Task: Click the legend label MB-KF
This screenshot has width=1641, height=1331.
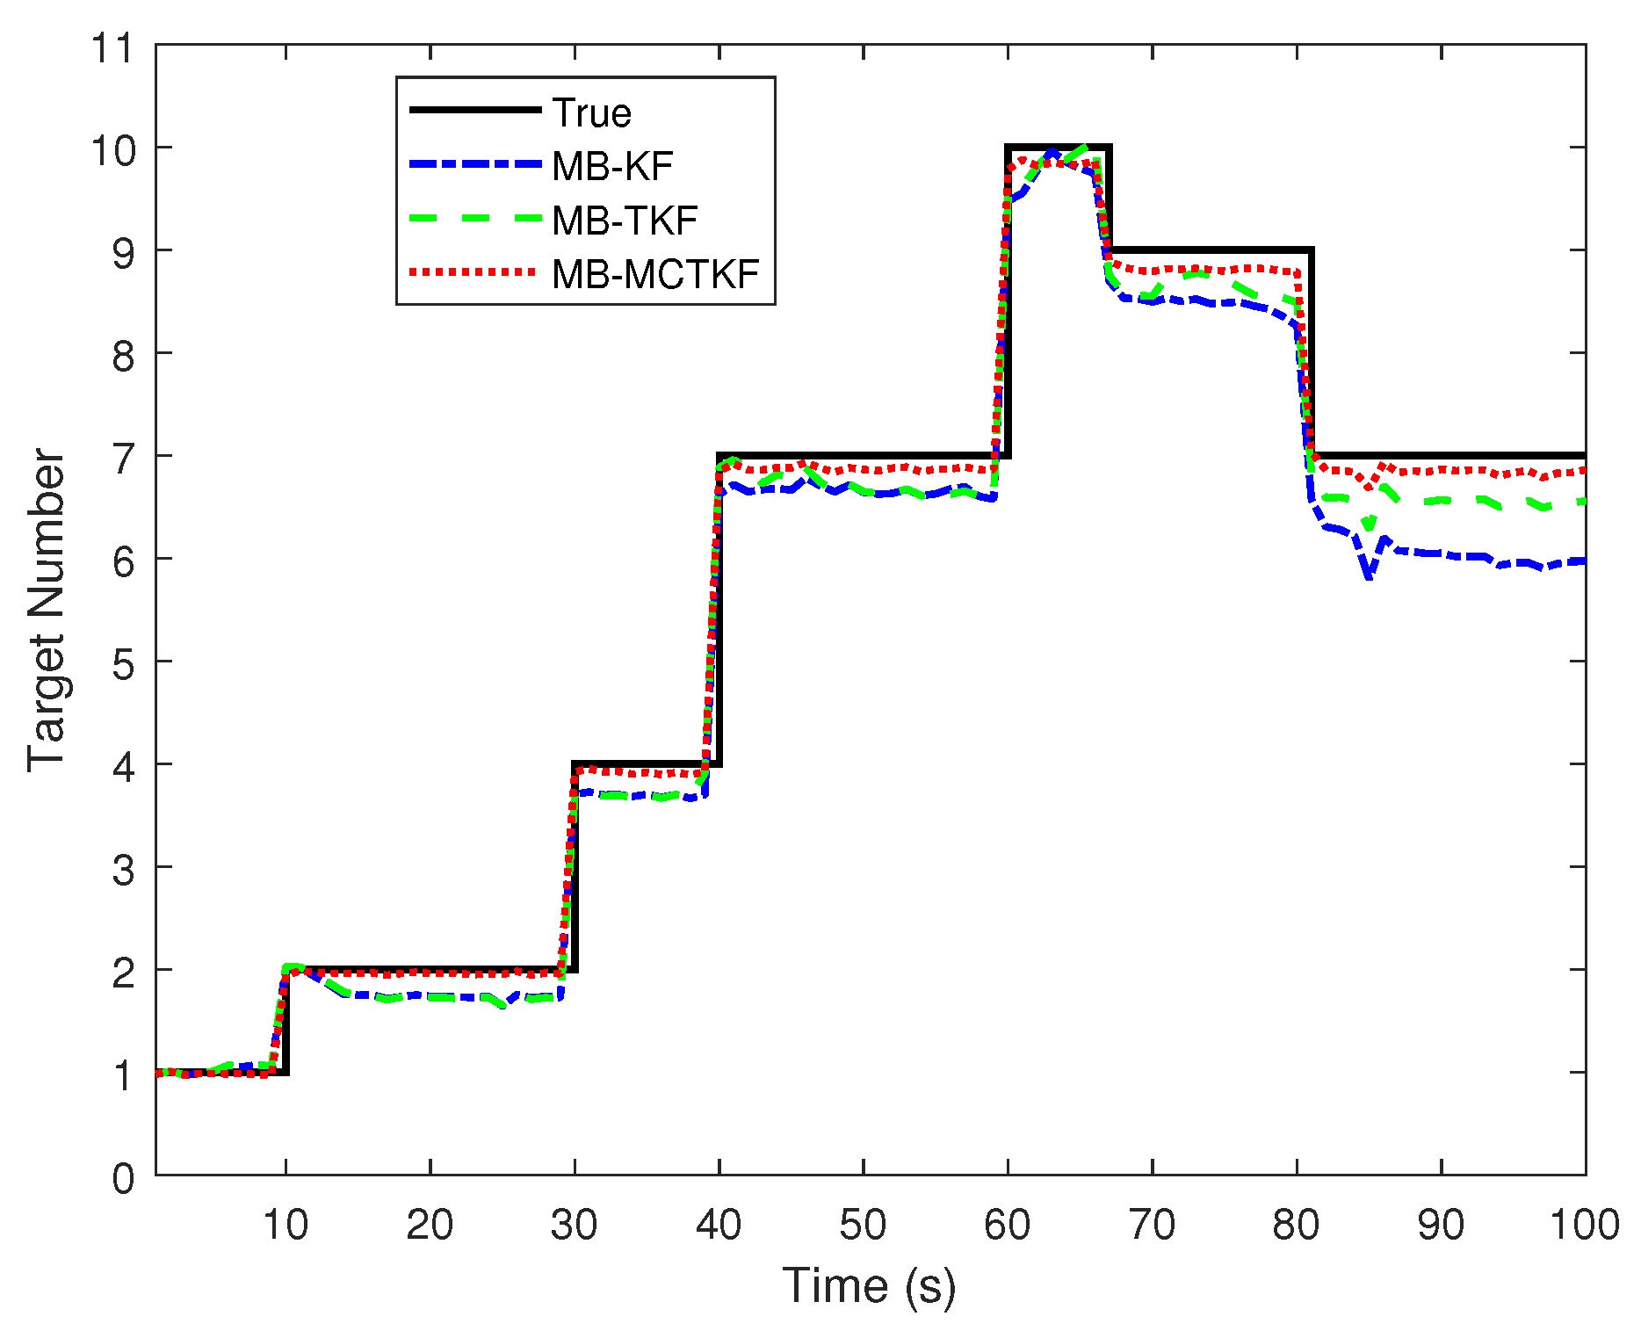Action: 612,166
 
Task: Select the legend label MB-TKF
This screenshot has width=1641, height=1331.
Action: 625,221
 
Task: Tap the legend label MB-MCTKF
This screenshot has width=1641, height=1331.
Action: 655,274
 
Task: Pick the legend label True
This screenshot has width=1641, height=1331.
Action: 591,112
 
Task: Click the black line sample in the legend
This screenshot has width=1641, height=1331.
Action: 474,110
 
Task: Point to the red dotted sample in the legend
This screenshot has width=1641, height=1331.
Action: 474,272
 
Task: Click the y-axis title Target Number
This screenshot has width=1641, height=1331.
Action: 46,610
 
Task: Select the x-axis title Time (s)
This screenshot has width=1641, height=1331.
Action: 868,1285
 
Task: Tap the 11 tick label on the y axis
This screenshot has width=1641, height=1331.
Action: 112,47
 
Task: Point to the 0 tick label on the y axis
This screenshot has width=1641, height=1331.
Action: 123,1177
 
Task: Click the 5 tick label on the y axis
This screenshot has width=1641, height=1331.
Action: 123,663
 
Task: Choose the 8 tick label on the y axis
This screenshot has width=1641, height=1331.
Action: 123,355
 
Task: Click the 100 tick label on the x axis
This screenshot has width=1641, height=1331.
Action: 1584,1224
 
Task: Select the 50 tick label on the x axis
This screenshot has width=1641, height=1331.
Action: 863,1224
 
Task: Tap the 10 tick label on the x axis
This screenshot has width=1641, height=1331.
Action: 286,1224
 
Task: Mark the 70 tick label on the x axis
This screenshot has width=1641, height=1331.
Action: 1152,1224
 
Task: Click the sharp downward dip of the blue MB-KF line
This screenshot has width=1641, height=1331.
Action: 1369,576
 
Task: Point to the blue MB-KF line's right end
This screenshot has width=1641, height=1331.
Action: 1584,561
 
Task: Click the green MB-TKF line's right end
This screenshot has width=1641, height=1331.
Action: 1584,501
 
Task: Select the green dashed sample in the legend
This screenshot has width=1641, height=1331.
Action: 474,219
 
